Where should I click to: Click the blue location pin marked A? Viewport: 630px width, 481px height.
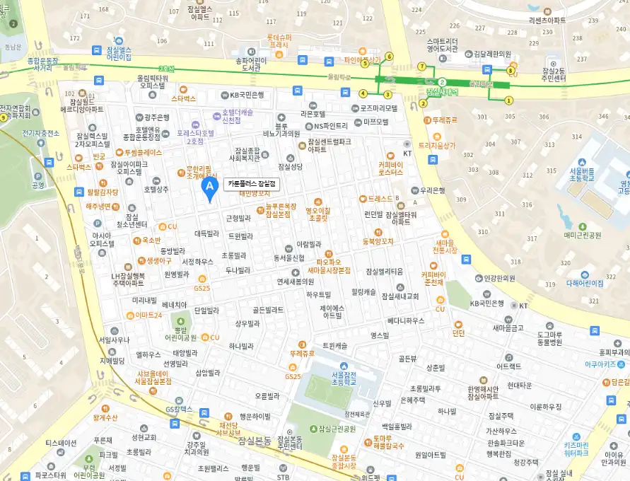click(209, 187)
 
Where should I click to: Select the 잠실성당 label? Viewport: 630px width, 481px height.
click(291, 167)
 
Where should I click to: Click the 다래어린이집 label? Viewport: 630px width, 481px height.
click(585, 283)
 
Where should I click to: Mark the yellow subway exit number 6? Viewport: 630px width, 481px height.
click(389, 56)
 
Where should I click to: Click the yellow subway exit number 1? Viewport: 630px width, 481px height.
click(508, 100)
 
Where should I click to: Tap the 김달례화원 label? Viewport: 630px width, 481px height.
click(492, 54)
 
